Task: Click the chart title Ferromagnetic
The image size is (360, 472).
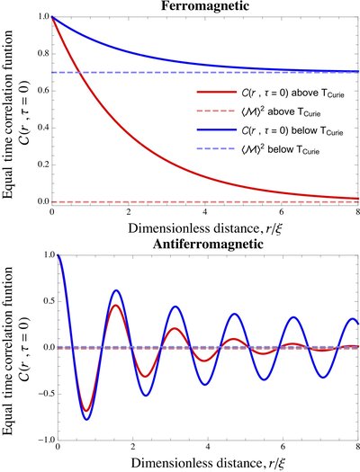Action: tap(207, 6)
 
